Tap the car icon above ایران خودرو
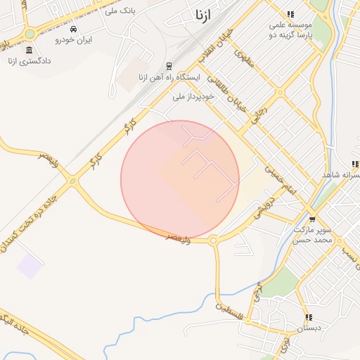(74, 30)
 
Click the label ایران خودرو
(76, 40)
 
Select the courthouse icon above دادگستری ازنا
(29, 51)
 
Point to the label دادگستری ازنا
(31, 61)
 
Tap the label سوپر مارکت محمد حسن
(311, 235)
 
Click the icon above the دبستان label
(308, 317)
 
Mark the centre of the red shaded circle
(180, 180)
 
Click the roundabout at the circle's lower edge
(213, 240)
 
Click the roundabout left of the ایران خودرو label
(30, 34)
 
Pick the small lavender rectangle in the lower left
(30, 266)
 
